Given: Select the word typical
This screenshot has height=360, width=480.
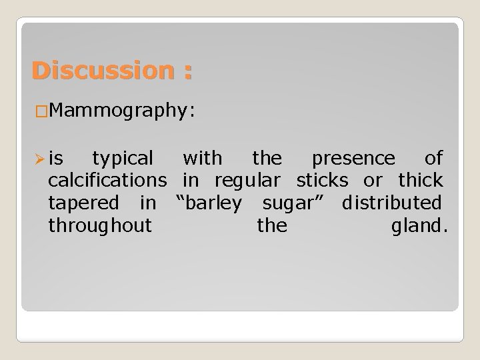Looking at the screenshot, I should [x=123, y=159].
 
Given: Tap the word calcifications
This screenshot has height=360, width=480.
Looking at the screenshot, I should [x=107, y=180].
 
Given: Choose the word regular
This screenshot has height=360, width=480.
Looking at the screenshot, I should [x=250, y=181].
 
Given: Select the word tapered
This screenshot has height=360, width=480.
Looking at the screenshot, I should [x=83, y=203].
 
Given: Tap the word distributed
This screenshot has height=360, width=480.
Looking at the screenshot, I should [x=391, y=202].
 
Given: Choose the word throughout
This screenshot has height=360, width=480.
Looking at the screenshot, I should [x=100, y=225].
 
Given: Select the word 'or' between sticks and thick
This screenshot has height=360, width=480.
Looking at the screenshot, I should [x=373, y=181].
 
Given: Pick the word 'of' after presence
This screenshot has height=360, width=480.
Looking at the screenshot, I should [x=434, y=158].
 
